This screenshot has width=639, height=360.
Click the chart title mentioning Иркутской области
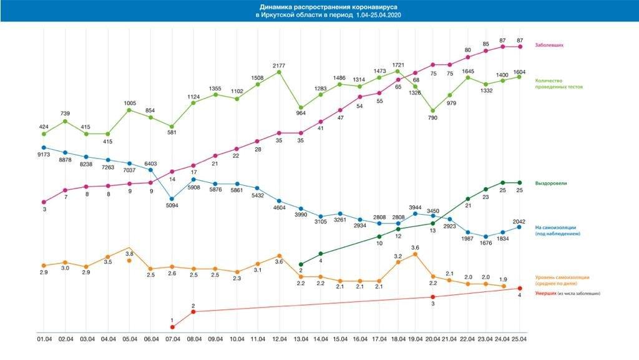click(x=319, y=11)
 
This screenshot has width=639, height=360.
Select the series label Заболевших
click(x=550, y=45)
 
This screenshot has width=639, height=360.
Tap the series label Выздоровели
click(x=550, y=183)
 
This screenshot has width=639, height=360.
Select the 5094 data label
click(x=172, y=205)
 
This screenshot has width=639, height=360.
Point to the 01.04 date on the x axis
click(x=43, y=339)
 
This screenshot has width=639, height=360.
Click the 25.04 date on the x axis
click(x=519, y=339)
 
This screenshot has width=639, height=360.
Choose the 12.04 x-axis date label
click(x=279, y=339)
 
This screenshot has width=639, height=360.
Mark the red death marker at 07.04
click(x=172, y=326)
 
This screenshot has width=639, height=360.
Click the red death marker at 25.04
click(x=519, y=288)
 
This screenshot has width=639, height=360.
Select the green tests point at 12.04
click(x=279, y=72)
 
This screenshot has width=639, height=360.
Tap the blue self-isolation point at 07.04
click(x=172, y=198)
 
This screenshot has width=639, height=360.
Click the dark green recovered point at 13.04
click(x=301, y=264)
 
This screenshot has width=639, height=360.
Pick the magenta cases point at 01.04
click(x=43, y=202)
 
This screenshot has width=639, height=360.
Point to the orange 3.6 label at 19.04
click(x=415, y=247)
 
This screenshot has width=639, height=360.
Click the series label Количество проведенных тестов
click(x=559, y=83)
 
